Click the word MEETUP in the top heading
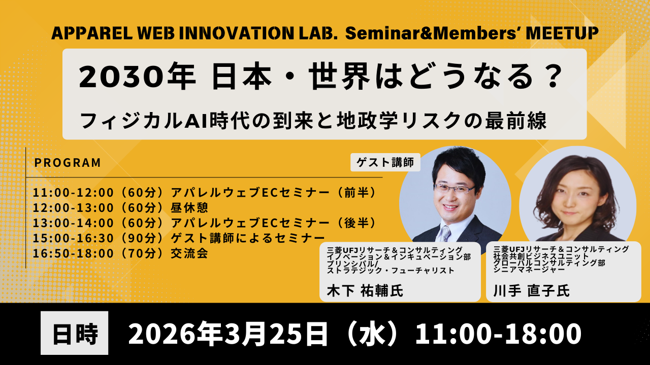pyautogui.click(x=562, y=33)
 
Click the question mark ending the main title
pyautogui.click(x=549, y=77)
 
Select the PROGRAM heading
pyautogui.click(x=68, y=163)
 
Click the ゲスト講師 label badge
pyautogui.click(x=385, y=162)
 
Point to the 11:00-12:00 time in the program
pyautogui.click(x=73, y=193)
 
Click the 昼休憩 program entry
pyautogui.click(x=189, y=208)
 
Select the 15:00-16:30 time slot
pyautogui.click(x=73, y=238)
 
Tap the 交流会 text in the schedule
pyautogui.click(x=189, y=253)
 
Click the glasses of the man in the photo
pyautogui.click(x=454, y=189)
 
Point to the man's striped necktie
pyautogui.click(x=445, y=233)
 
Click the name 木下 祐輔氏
pyautogui.click(x=365, y=291)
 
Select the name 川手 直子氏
pyautogui.click(x=532, y=291)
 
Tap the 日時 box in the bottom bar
pyautogui.click(x=74, y=333)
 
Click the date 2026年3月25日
pyautogui.click(x=228, y=334)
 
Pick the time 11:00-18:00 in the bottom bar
pyautogui.click(x=499, y=334)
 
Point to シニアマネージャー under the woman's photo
pyautogui.click(x=529, y=270)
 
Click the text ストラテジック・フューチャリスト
pyautogui.click(x=391, y=271)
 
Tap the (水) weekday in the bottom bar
pyautogui.click(x=372, y=334)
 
